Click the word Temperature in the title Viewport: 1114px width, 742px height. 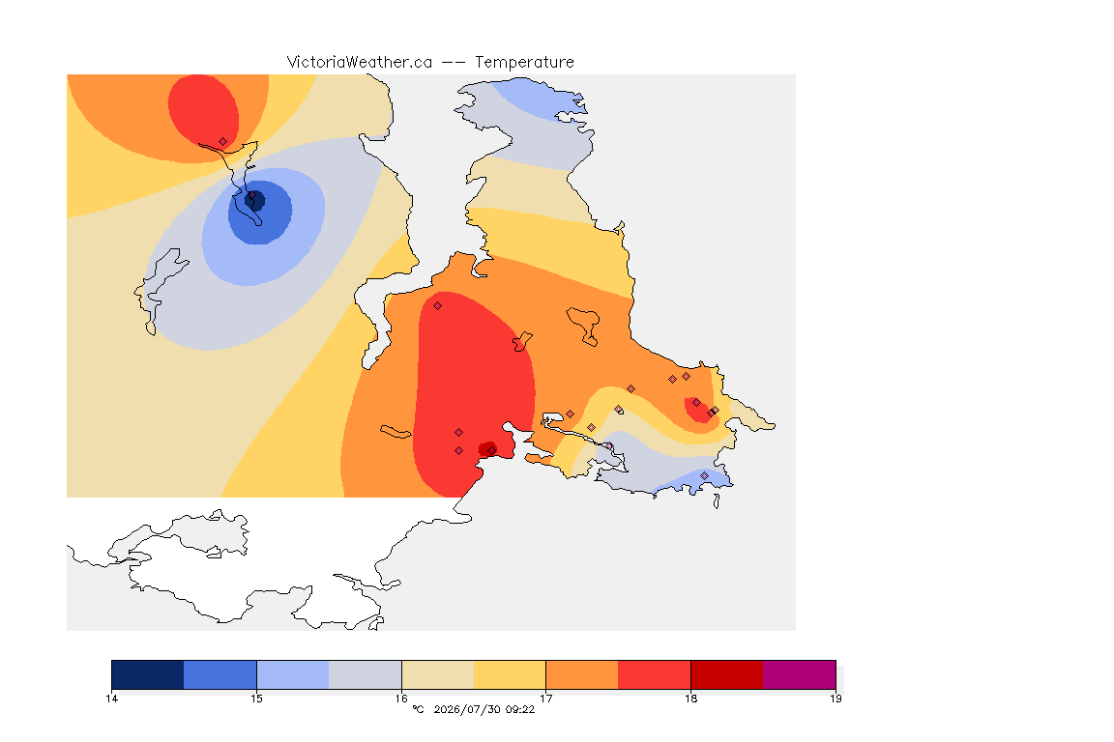(x=524, y=63)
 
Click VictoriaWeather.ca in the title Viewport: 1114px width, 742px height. (x=360, y=63)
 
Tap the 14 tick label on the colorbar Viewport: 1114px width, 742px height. (x=111, y=699)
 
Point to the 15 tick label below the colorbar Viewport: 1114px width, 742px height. (x=256, y=699)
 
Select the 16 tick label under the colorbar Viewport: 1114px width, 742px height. (x=401, y=699)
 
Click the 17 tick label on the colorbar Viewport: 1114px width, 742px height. (x=545, y=699)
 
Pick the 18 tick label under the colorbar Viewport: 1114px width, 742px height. (x=690, y=699)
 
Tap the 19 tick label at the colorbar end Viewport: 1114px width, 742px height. (x=835, y=699)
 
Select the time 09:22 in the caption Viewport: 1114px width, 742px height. (x=519, y=709)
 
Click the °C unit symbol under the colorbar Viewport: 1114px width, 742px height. (x=419, y=709)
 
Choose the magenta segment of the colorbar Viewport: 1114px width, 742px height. (x=800, y=674)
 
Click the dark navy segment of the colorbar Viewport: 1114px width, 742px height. (x=148, y=674)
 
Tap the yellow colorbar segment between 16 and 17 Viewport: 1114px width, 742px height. (x=510, y=674)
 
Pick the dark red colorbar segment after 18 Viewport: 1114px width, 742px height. (x=727, y=674)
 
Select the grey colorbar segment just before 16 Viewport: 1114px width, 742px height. (x=366, y=674)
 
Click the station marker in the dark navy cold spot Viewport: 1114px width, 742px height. (x=251, y=195)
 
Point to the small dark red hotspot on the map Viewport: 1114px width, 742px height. (x=488, y=448)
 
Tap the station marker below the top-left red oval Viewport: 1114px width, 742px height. (x=223, y=142)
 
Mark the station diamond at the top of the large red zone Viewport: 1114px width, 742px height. (x=438, y=306)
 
